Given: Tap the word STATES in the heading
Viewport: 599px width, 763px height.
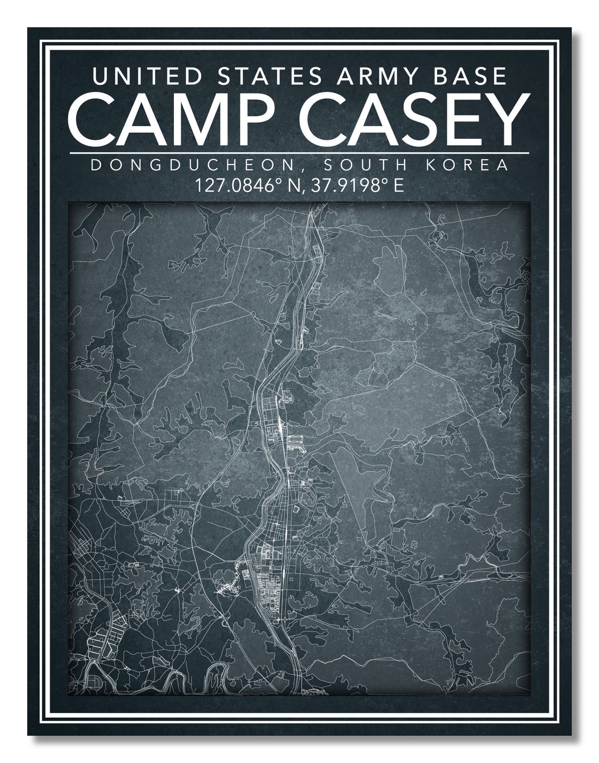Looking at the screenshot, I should click(270, 76).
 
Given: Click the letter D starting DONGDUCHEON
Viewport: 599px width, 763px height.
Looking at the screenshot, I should click(96, 165).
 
